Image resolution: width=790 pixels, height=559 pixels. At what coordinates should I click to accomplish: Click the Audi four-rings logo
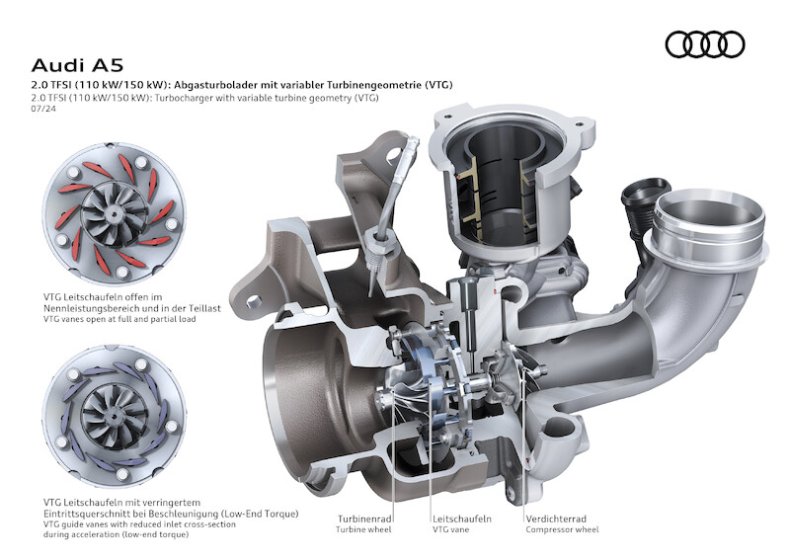(x=705, y=44)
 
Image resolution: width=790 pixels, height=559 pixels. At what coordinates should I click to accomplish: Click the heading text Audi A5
(x=77, y=65)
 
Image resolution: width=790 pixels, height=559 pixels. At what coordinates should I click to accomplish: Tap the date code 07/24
(x=43, y=109)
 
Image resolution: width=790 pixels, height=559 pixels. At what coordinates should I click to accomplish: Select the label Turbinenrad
(x=364, y=519)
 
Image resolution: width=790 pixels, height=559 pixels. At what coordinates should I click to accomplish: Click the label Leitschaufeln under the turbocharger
(x=461, y=519)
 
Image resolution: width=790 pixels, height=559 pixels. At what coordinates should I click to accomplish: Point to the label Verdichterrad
(x=556, y=519)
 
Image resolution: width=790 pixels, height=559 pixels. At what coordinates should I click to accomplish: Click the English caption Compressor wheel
(x=562, y=529)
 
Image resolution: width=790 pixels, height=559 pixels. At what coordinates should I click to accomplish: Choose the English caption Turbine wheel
(x=363, y=529)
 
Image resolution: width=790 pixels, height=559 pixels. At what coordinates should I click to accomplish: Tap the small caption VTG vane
(x=450, y=529)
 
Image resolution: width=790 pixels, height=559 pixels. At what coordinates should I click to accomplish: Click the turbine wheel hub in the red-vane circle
(x=116, y=214)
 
